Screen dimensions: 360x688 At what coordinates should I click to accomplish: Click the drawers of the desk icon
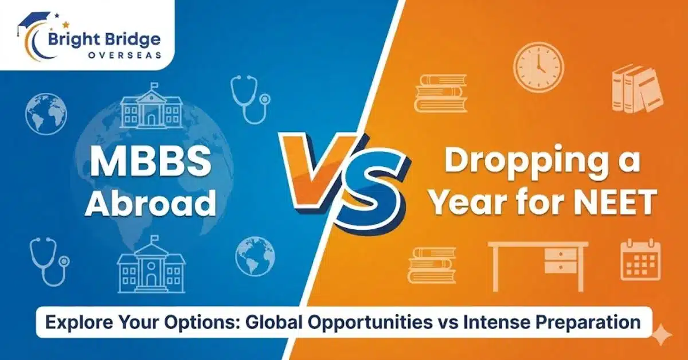(x=560, y=260)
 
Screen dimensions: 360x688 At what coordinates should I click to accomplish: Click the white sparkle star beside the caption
(x=663, y=335)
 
